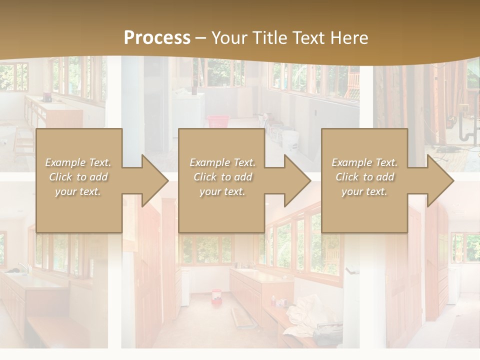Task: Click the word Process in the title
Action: pos(157,38)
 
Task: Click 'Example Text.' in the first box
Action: pos(78,162)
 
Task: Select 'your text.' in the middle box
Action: pos(222,191)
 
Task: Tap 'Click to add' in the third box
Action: pos(364,177)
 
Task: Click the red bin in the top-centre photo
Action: pos(218,121)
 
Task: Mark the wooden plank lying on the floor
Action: pos(242,317)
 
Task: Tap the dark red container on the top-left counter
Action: pos(48,97)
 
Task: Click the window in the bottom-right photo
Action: pos(465,247)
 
